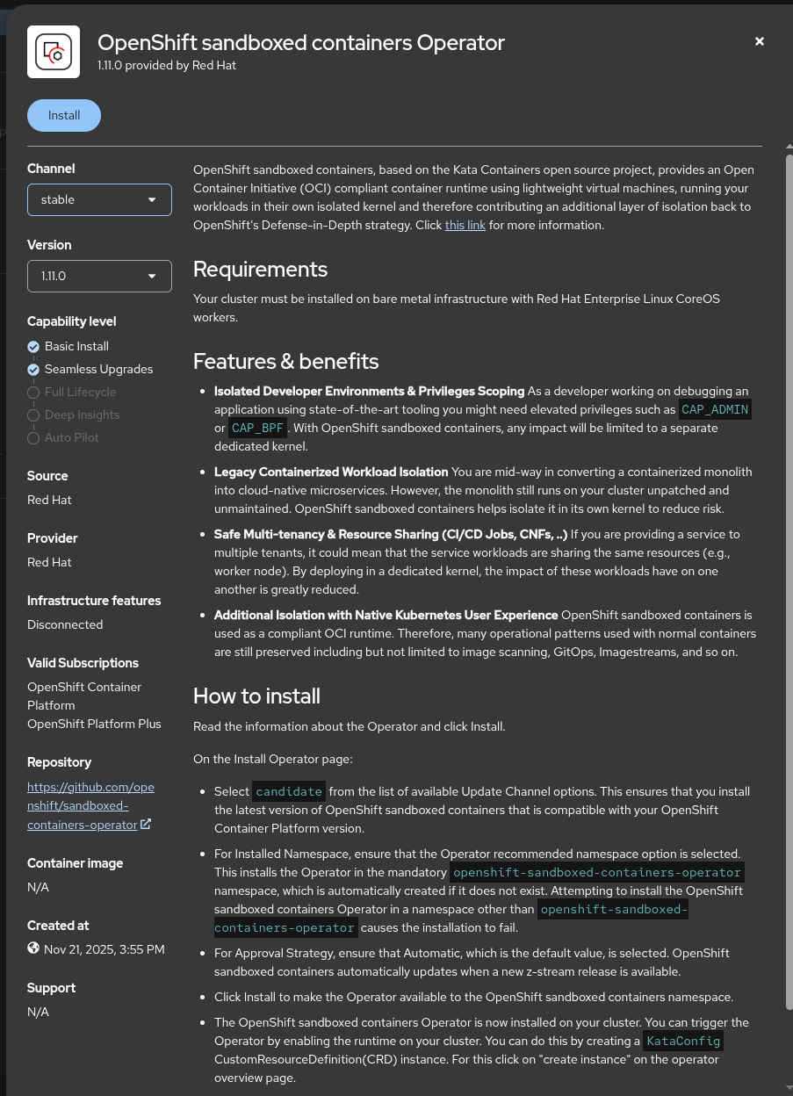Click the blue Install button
[x=64, y=116]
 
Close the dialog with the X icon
[x=760, y=41]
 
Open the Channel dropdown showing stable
[x=99, y=199]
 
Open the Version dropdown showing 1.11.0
[x=99, y=276]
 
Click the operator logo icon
[x=54, y=53]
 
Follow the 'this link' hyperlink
[x=465, y=225]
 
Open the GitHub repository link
[x=90, y=805]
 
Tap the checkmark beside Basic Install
[x=33, y=347]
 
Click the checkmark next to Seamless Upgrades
[x=33, y=370]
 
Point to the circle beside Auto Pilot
[x=33, y=438]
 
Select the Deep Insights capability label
[x=82, y=415]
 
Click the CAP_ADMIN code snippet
[x=716, y=409]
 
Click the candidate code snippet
[x=289, y=791]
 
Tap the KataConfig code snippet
[x=682, y=1042]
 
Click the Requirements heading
[x=260, y=270]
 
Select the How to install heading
[x=256, y=696]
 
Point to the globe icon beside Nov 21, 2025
[x=33, y=948]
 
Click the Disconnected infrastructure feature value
[x=65, y=624]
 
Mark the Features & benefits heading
[x=285, y=362]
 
